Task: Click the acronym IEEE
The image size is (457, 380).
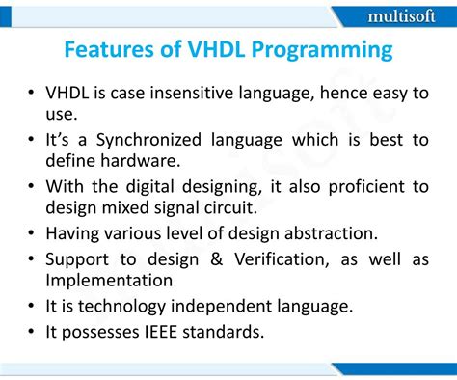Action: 167,331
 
